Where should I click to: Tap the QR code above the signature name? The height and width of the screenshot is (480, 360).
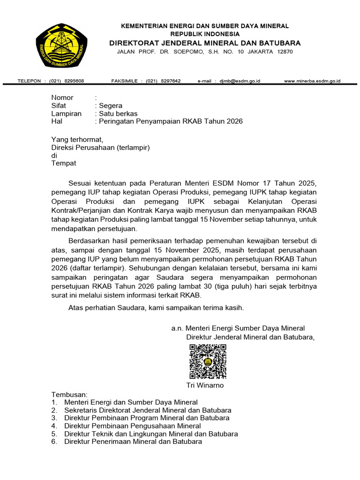(x=208, y=361)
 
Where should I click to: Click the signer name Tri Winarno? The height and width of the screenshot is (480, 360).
(x=205, y=385)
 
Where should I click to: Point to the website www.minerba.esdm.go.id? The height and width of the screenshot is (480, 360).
(x=312, y=81)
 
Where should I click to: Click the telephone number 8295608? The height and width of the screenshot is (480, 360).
(x=74, y=81)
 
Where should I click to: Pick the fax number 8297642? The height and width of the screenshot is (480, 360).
(x=171, y=81)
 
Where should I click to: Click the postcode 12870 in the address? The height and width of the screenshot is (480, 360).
(x=285, y=52)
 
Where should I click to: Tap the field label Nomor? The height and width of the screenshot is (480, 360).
(x=62, y=97)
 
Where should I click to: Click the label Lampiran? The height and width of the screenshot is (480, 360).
(x=66, y=113)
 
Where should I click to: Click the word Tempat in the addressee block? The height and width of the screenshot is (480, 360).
(x=63, y=164)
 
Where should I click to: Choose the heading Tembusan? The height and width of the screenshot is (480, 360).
(x=69, y=394)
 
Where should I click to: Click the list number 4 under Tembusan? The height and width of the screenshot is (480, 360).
(x=54, y=426)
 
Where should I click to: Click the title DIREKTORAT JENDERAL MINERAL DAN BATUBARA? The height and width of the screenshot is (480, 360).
(x=205, y=43)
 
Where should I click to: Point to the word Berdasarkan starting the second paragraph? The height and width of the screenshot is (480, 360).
(x=89, y=240)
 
